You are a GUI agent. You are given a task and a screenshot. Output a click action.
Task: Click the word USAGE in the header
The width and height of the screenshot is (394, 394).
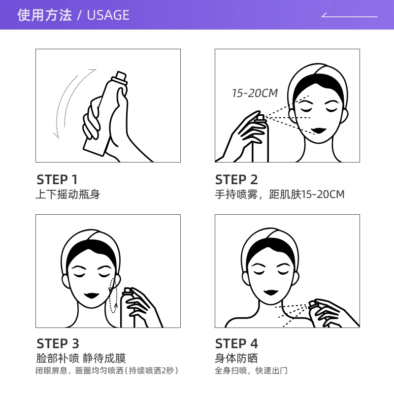108,15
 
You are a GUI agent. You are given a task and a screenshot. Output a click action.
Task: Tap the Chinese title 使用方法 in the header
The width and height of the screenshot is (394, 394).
44,15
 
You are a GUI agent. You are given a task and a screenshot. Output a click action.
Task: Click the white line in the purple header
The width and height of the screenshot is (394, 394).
350,16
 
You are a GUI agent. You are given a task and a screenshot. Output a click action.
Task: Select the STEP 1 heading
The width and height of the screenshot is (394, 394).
57,179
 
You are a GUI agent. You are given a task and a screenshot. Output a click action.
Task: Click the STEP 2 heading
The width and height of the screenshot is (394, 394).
236,179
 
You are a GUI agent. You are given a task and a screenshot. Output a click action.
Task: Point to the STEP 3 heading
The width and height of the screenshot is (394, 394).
58,343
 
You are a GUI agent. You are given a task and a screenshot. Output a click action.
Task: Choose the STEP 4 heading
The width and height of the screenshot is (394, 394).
236,343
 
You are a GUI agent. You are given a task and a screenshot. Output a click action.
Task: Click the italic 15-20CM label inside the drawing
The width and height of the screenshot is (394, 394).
255,93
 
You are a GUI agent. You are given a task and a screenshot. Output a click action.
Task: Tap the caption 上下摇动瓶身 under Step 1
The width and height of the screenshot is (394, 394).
68,194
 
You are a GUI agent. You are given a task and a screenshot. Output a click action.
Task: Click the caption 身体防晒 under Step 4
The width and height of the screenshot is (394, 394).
236,358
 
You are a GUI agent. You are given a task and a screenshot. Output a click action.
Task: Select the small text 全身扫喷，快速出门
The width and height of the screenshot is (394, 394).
251,371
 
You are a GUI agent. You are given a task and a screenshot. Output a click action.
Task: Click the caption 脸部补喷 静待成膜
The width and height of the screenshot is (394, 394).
81,358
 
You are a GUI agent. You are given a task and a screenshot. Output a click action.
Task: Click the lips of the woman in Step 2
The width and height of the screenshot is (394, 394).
319,131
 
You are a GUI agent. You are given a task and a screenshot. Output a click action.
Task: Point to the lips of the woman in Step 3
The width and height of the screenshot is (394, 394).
92,295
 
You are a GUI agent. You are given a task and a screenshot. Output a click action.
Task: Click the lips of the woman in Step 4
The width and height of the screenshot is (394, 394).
271,293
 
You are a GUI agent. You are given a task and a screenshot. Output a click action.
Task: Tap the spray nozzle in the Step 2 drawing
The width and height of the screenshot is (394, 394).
261,118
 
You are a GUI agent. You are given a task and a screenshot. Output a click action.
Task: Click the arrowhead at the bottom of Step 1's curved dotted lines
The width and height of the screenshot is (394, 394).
56,135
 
